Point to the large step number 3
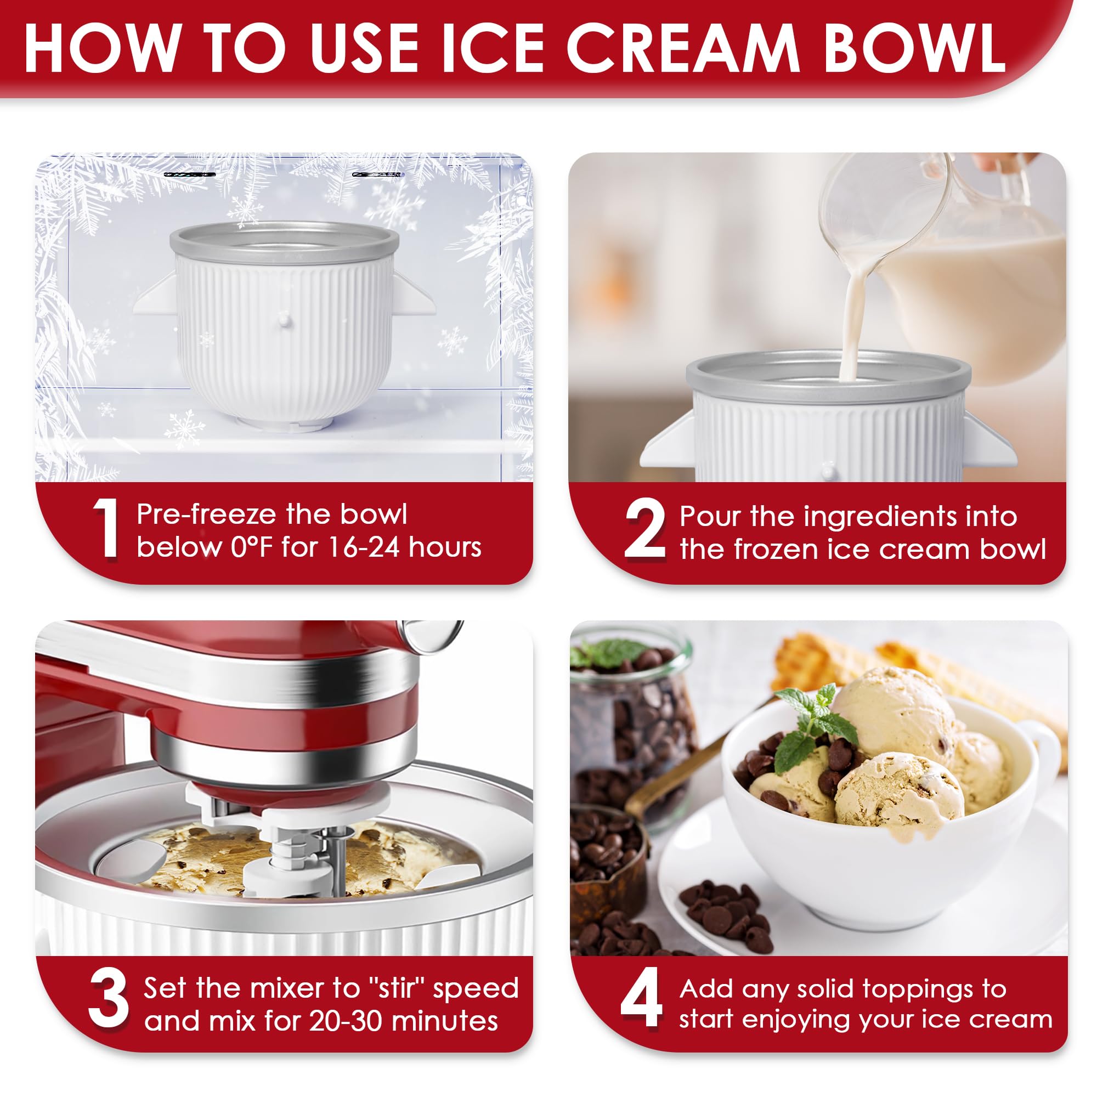point(108,1000)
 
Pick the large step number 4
point(642,999)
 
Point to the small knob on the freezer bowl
point(285,321)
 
